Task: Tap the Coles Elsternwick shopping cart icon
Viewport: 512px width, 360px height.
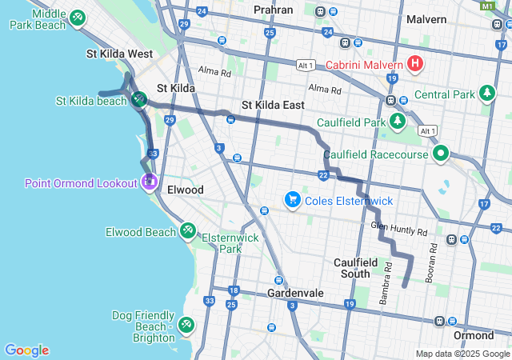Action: (293, 199)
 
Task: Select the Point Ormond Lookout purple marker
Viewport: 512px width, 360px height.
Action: (149, 183)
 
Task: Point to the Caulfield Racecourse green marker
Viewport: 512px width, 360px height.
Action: (440, 154)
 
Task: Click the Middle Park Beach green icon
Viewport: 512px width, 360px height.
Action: (77, 17)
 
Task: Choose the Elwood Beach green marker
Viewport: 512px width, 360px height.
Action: (187, 231)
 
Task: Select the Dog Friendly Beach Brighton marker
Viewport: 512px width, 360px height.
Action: (186, 324)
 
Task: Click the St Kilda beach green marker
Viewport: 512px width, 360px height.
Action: (139, 100)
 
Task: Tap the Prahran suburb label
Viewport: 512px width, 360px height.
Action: (274, 10)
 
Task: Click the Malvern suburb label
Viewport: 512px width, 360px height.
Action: (426, 18)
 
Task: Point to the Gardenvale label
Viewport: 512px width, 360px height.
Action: (295, 294)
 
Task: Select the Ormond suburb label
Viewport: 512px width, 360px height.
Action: (473, 335)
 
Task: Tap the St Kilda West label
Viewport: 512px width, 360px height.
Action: (119, 54)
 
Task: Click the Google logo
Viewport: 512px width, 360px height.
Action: (26, 350)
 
